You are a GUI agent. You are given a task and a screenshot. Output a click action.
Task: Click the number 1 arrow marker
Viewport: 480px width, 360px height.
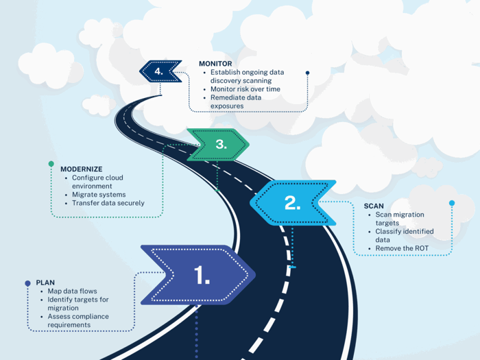pyautogui.click(x=200, y=275)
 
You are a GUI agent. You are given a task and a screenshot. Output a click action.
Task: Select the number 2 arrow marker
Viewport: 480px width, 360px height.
pyautogui.click(x=291, y=202)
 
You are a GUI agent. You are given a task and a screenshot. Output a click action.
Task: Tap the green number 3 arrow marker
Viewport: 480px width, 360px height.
pyautogui.click(x=219, y=145)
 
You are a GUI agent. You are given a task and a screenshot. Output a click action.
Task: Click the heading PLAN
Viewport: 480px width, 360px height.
pyautogui.click(x=45, y=282)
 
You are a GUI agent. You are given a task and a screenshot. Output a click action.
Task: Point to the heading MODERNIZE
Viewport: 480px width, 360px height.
pyautogui.click(x=82, y=168)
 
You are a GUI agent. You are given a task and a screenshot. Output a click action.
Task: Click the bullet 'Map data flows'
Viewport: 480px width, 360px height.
pyautogui.click(x=72, y=291)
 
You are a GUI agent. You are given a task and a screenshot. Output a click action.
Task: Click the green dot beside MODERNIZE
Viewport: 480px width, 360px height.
pyautogui.click(x=51, y=165)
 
